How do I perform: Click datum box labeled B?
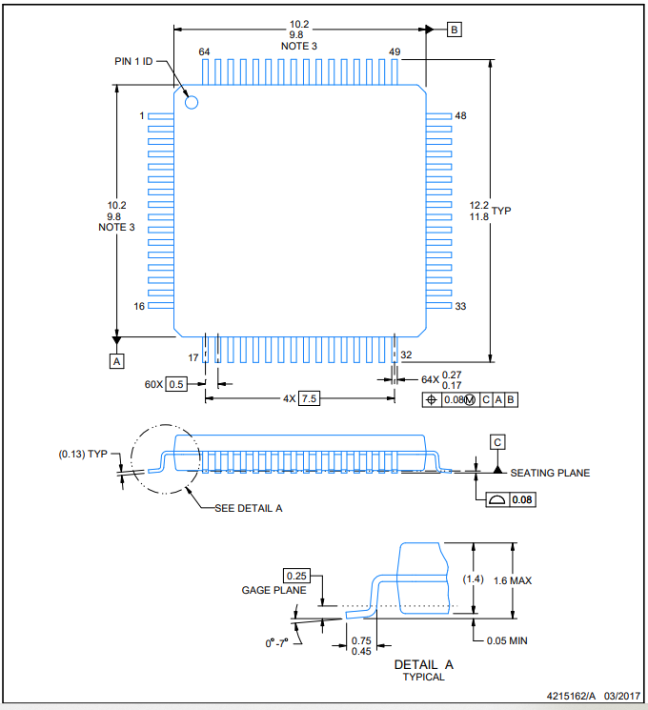coord(455,30)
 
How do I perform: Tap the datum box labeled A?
coord(117,361)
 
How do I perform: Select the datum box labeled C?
coord(497,442)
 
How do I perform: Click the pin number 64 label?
coord(204,51)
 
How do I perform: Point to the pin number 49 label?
coord(395,51)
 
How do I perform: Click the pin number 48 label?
coord(460,116)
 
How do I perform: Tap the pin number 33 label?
coord(460,306)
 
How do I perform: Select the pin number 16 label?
coord(139,306)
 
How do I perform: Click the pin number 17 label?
coord(193,357)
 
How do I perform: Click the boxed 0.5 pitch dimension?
coord(176,384)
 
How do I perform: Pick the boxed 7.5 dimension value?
coord(310,398)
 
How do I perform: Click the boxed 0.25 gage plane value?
coord(296,576)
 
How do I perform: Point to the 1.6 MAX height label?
coord(513,580)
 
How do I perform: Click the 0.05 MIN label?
coord(507,640)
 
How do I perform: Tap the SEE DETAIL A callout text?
coord(249,508)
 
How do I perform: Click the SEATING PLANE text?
coord(550,473)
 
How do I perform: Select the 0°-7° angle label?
coord(276,643)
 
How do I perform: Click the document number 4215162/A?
coord(571,696)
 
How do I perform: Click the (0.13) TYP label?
coord(83,454)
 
